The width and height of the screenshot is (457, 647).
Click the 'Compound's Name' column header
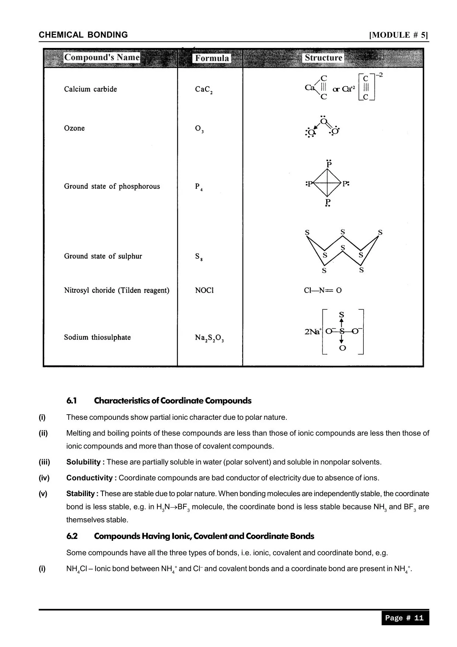click(x=102, y=58)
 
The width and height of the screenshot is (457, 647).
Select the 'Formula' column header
click(x=212, y=58)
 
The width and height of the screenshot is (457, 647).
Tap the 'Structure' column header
click(x=323, y=58)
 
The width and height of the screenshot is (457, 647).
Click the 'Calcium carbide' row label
click(x=90, y=89)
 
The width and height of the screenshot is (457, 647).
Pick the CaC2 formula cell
click(x=203, y=90)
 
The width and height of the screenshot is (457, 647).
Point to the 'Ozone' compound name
click(x=74, y=128)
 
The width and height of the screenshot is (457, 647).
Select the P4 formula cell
click(x=199, y=187)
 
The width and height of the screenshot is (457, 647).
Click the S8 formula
click(x=199, y=256)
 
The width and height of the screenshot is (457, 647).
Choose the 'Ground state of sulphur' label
click(x=103, y=256)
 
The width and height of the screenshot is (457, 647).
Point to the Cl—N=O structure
click(x=322, y=291)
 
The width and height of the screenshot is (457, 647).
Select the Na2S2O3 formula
click(x=209, y=338)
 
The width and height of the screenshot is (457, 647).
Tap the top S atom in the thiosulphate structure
click(x=341, y=315)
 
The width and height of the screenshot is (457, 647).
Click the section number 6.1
click(x=71, y=401)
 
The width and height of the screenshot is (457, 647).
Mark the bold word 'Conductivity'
click(x=90, y=478)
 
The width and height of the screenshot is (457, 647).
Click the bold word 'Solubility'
click(x=84, y=462)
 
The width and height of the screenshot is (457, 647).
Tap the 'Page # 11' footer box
click(x=405, y=618)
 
